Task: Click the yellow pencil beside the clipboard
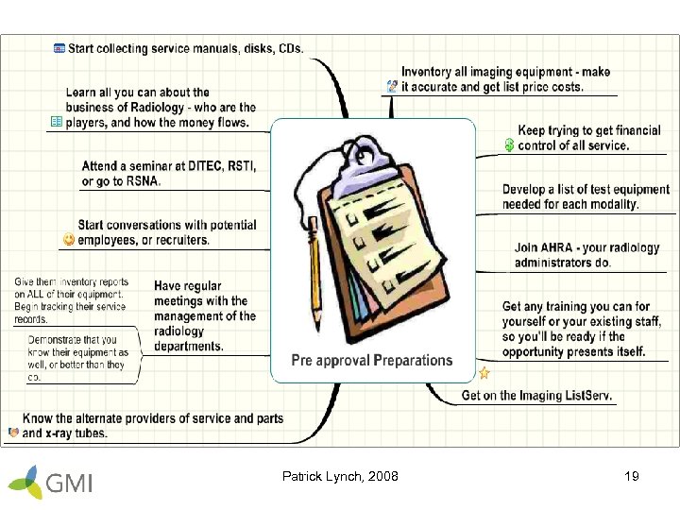[315, 274]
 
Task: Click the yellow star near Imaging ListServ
[484, 373]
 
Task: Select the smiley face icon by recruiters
[68, 240]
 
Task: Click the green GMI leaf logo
[28, 482]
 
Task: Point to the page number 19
[632, 477]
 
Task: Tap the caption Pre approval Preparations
[372, 360]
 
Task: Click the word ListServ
[590, 396]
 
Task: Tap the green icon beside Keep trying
[509, 144]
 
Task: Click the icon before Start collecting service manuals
[59, 47]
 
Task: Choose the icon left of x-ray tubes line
[12, 433]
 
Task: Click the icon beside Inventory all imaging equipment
[392, 86]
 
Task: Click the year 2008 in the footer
[382, 477]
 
